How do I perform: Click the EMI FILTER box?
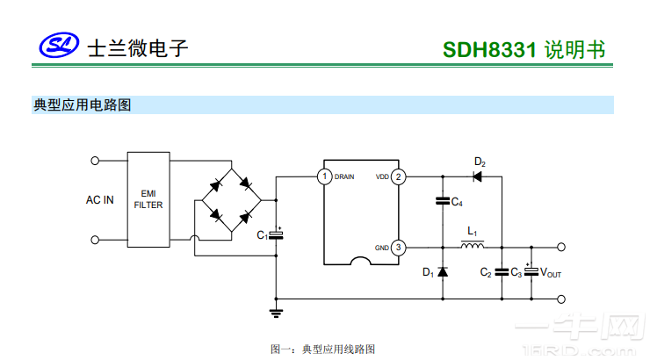(x=148, y=200)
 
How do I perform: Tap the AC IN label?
(x=99, y=199)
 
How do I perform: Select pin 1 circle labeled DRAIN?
(x=324, y=176)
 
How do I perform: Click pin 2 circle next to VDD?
(x=398, y=176)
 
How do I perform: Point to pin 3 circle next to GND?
(x=398, y=248)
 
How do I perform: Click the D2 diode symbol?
(x=478, y=176)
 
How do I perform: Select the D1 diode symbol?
(x=443, y=272)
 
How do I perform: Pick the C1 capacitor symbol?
(x=277, y=234)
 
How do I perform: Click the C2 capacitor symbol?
(x=501, y=272)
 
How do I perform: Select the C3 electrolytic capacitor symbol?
(x=531, y=272)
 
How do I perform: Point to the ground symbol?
(x=277, y=311)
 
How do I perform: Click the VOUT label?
(x=550, y=273)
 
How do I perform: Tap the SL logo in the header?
(x=58, y=45)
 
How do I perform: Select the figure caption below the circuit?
(x=323, y=349)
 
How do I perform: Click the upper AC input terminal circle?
(x=95, y=161)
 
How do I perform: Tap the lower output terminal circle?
(x=562, y=299)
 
